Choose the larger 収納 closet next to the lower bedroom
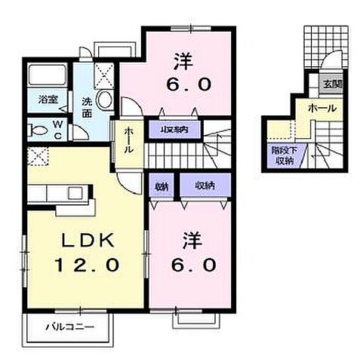click(x=203, y=186)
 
